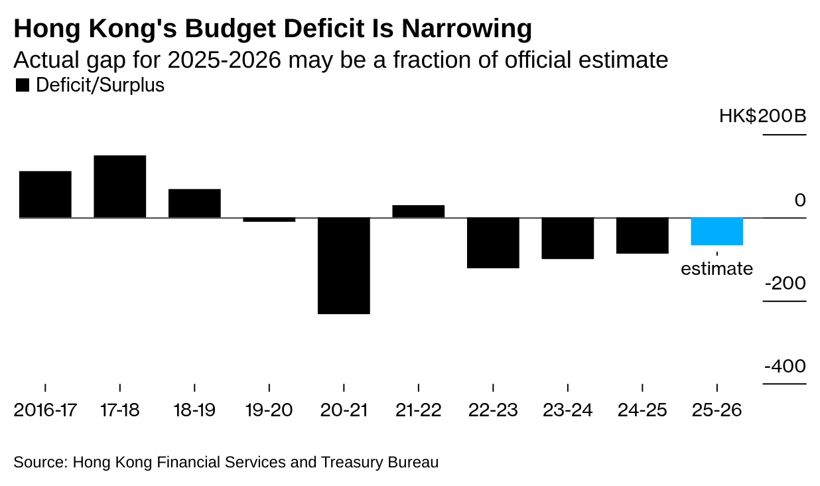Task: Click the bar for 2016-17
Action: [45, 195]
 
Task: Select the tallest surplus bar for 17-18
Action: [119, 187]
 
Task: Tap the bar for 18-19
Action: [194, 203]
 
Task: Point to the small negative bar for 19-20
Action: [269, 220]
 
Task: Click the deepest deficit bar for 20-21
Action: [344, 266]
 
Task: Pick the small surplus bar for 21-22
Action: [418, 211]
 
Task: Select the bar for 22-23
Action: [493, 243]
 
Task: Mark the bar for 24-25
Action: [642, 236]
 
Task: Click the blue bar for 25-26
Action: [717, 232]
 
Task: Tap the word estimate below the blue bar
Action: [717, 269]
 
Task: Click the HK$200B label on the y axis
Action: [762, 117]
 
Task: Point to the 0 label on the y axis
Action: [799, 201]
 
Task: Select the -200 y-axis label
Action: [786, 283]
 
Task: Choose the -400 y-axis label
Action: [786, 366]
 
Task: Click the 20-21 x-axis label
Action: [344, 410]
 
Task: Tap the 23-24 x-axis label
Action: [567, 410]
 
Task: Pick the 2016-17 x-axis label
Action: [45, 410]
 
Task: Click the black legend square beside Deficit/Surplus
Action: [22, 86]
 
